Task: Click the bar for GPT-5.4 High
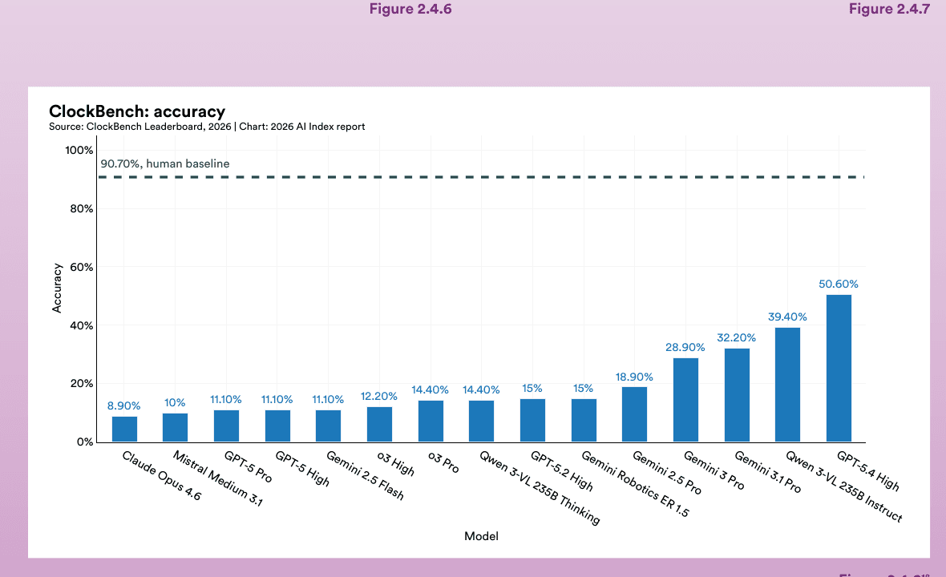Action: (839, 369)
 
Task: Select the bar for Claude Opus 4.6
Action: (124, 429)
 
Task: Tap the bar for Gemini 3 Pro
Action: (685, 400)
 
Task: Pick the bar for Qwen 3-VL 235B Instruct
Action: (787, 385)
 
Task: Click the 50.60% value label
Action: (839, 284)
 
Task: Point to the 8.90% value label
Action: (124, 406)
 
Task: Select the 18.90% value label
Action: (634, 377)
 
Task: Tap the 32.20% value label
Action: (736, 337)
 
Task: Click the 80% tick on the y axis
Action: (79, 208)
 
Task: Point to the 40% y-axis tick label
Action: (79, 325)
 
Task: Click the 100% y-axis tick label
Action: (78, 150)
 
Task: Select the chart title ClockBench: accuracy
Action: (137, 111)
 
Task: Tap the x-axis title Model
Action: (481, 536)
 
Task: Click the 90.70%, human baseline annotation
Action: (165, 163)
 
